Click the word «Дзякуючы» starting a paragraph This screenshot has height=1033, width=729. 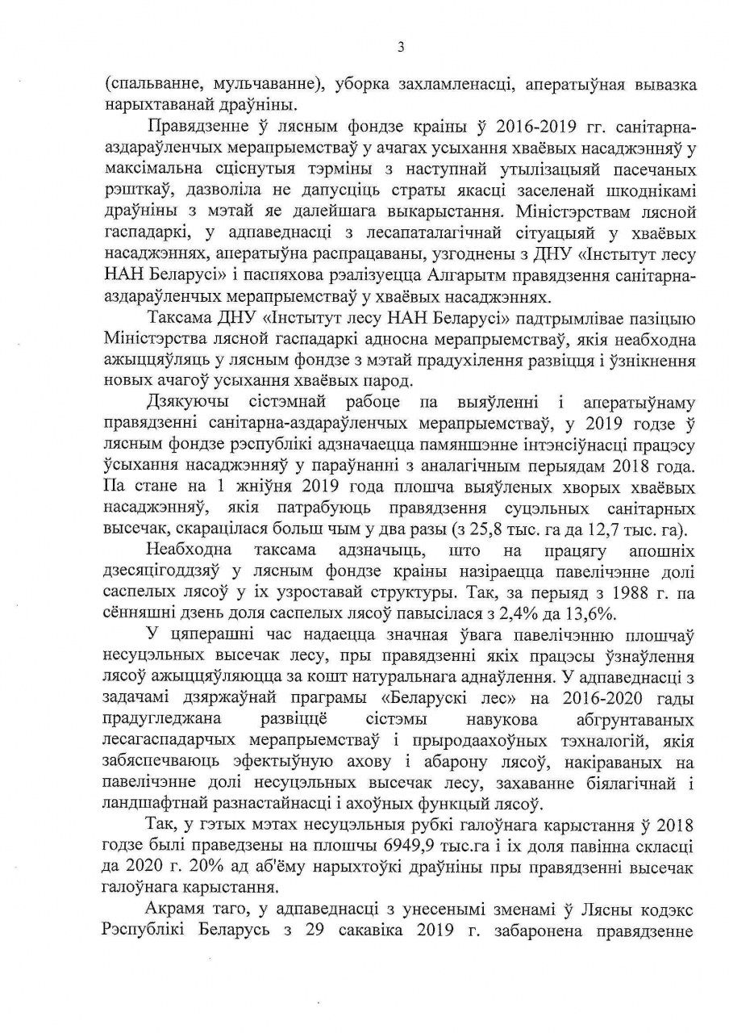click(185, 402)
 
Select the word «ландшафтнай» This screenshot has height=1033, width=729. click(154, 803)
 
